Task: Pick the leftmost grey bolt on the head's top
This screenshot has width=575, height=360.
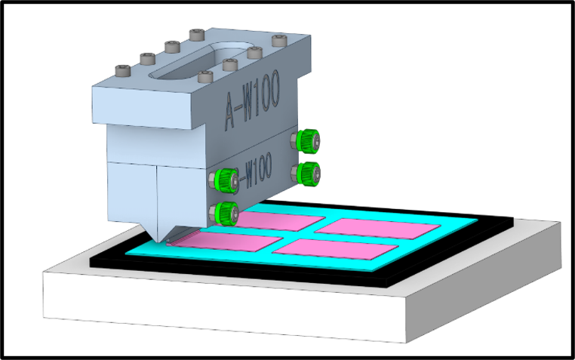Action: [123, 70]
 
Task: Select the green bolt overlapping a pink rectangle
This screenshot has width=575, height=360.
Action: [225, 214]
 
